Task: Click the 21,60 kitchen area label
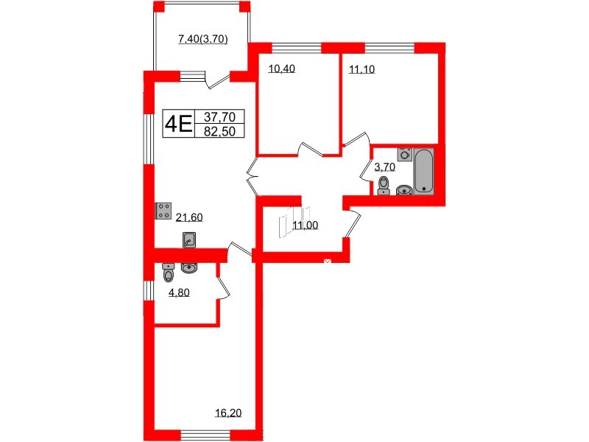tap(189, 217)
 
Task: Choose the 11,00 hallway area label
tap(306, 225)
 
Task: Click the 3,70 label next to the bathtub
tap(385, 167)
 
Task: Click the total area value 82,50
tap(219, 130)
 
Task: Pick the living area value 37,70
tap(219, 116)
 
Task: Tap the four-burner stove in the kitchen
tap(164, 211)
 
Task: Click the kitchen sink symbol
tap(190, 239)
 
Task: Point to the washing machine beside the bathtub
tap(403, 155)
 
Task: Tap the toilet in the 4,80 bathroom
tap(169, 274)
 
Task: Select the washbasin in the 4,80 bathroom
tap(190, 268)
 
